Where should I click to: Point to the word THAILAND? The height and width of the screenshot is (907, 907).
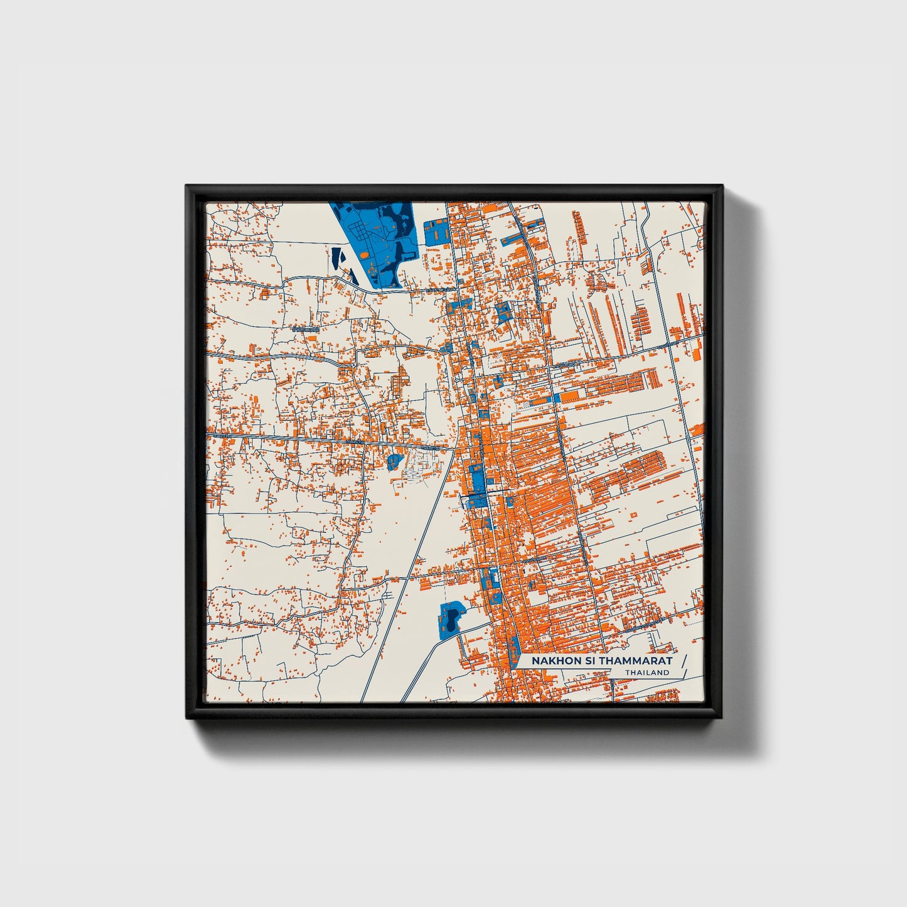(647, 673)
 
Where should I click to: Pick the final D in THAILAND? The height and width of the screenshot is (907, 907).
(667, 673)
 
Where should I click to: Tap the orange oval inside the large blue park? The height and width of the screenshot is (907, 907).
(365, 255)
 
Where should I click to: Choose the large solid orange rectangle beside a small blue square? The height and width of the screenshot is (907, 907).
(571, 397)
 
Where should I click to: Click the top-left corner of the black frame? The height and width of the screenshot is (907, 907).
(187, 186)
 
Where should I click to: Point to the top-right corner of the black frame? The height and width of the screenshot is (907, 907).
(722, 186)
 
